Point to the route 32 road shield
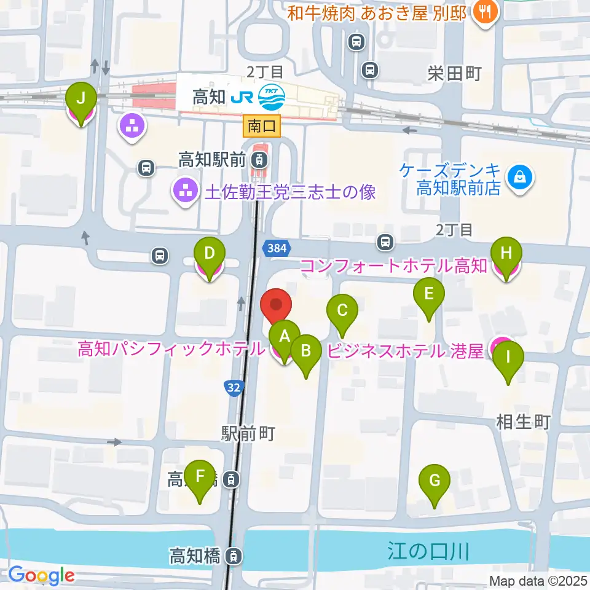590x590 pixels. (x=233, y=387)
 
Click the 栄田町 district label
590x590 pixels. (x=455, y=74)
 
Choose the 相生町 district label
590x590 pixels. (x=523, y=422)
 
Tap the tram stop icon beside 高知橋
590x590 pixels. (x=234, y=557)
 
